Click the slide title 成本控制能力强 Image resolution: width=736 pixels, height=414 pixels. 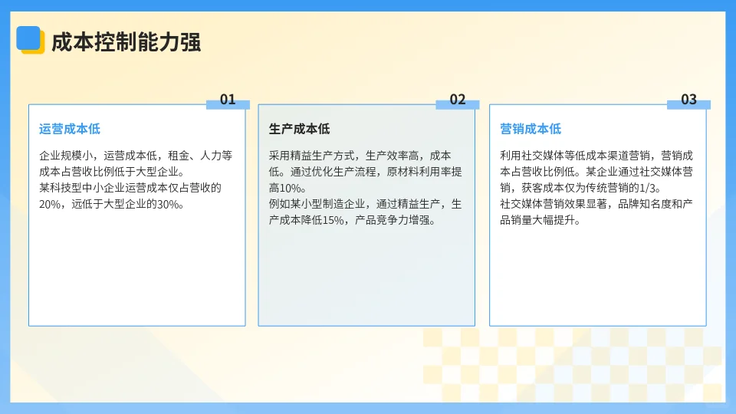(126, 42)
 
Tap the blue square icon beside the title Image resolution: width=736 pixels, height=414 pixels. (29, 38)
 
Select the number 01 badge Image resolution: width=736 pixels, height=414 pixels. (228, 100)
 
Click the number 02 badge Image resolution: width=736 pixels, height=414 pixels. (458, 100)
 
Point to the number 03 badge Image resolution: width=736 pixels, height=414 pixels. (688, 100)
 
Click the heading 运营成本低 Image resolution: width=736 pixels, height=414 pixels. (70, 129)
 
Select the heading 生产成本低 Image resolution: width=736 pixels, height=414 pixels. (300, 129)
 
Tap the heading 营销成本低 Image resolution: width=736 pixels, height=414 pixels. (531, 129)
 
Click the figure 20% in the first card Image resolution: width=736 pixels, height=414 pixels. (50, 205)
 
